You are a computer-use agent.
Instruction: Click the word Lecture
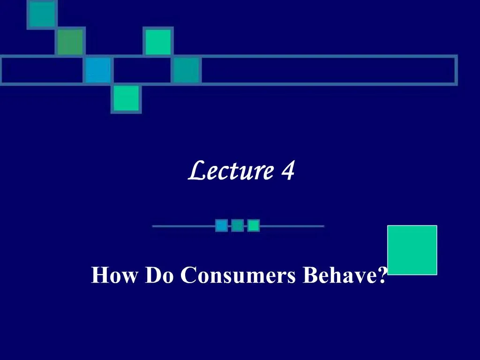[x=231, y=170]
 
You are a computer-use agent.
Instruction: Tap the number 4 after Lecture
[x=288, y=170]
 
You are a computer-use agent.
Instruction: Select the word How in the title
[x=114, y=275]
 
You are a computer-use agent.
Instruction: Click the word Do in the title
[x=159, y=275]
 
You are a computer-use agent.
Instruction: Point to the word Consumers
[x=238, y=275]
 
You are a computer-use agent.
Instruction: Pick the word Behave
[x=340, y=275]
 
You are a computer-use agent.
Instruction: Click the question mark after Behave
[x=382, y=275]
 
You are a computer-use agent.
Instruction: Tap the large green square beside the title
[x=412, y=250]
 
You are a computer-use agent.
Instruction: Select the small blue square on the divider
[x=222, y=225]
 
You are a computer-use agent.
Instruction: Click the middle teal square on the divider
[x=238, y=225]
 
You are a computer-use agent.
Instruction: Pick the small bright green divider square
[x=254, y=225]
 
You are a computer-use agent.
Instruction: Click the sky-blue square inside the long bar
[x=98, y=70]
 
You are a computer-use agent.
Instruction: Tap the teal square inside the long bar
[x=186, y=70]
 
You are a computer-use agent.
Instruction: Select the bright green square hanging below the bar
[x=126, y=98]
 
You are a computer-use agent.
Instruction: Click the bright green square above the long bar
[x=158, y=42]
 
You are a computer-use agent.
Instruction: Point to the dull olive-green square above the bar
[x=70, y=42]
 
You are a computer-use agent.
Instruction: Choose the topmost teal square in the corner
[x=42, y=15]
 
